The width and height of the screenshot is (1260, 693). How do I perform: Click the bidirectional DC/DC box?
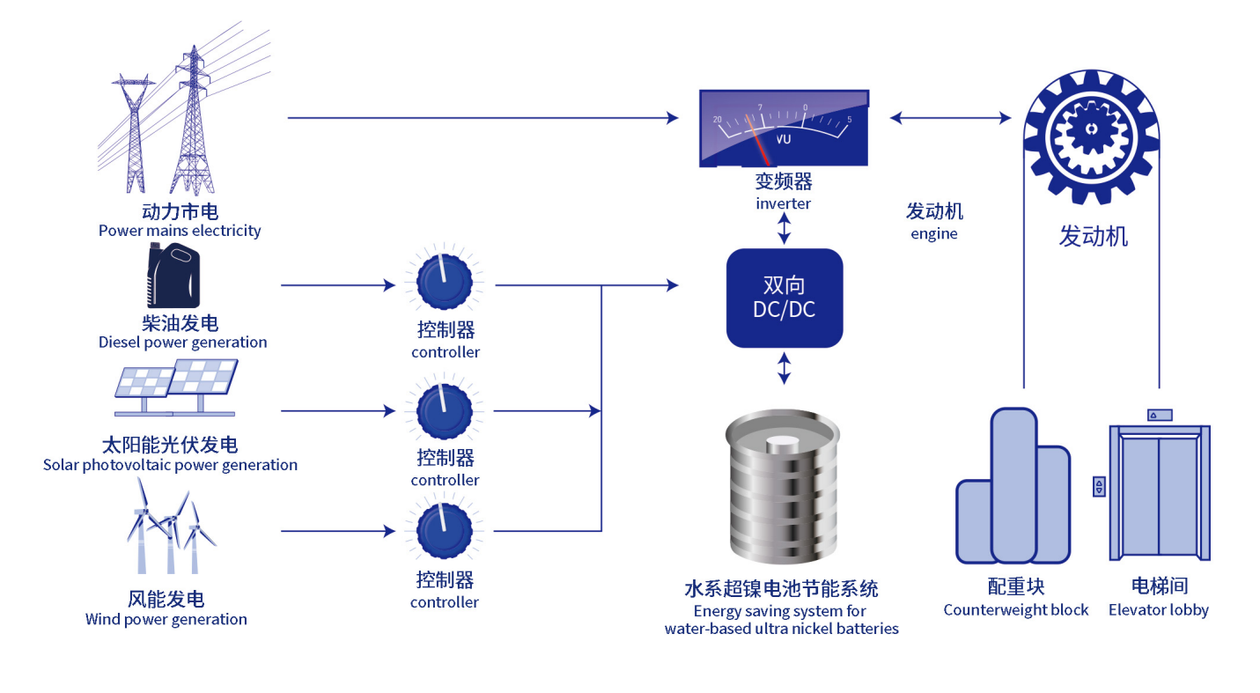(x=785, y=299)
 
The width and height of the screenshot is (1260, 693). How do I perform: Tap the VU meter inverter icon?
(x=785, y=129)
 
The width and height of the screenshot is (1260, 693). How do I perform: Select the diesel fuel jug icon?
(x=173, y=276)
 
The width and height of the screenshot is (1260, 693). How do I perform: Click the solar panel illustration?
(x=176, y=388)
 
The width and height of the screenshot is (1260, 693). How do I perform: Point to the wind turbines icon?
(x=171, y=526)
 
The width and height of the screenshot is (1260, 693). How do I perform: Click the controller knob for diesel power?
(x=445, y=281)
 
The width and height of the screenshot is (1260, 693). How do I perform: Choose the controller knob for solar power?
(x=445, y=410)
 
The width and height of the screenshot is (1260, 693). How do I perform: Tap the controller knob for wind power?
(x=445, y=531)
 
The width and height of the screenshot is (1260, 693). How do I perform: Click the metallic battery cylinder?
(x=783, y=487)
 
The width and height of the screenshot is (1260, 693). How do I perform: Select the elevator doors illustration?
(x=1160, y=492)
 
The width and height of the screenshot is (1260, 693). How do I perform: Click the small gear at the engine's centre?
(x=1091, y=129)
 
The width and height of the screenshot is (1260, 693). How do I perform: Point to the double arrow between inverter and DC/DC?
(x=785, y=229)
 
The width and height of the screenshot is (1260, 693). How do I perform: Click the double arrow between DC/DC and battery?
(x=785, y=368)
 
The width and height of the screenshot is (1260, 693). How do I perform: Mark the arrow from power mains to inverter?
(x=483, y=118)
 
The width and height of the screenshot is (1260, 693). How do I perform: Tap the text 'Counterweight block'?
(x=1016, y=609)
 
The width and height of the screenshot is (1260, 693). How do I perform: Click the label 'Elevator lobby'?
(x=1159, y=609)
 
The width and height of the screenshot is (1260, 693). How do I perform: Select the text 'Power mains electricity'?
(x=180, y=231)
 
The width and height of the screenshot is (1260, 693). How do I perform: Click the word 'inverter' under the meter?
(x=783, y=203)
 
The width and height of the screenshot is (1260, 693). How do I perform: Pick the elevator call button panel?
(x=1099, y=487)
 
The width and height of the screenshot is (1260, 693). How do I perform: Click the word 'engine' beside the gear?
(x=933, y=234)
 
